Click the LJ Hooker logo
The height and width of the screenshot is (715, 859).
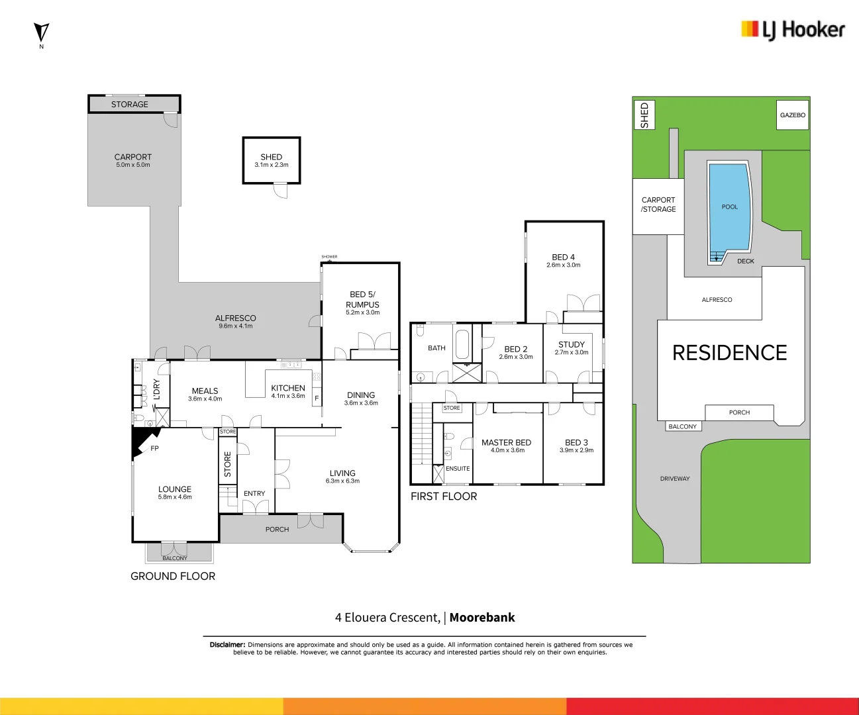(x=793, y=30)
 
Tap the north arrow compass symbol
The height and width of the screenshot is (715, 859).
(x=41, y=32)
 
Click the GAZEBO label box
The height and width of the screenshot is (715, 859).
(x=792, y=115)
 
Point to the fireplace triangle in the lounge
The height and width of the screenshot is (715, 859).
(x=143, y=440)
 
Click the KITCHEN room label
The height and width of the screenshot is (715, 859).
(x=288, y=388)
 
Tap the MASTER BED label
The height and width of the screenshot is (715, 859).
(x=506, y=442)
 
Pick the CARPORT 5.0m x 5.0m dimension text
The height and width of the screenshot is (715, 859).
(x=133, y=165)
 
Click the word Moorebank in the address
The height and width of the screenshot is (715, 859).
(x=482, y=618)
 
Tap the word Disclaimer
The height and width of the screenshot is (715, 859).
(x=227, y=644)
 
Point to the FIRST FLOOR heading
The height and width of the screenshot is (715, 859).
(x=444, y=497)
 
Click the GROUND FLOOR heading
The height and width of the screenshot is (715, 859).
(x=173, y=576)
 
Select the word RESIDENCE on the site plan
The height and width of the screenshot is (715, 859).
(x=729, y=353)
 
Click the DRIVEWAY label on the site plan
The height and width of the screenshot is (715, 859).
(x=675, y=479)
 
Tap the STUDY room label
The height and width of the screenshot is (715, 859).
(x=572, y=344)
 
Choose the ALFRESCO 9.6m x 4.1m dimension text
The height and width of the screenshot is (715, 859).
(x=236, y=326)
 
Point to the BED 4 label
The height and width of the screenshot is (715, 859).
(x=564, y=257)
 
